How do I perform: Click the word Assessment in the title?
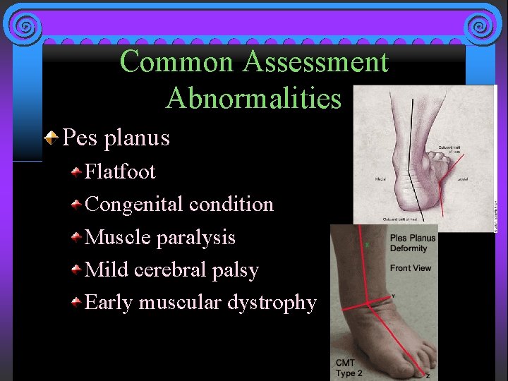pos(315,62)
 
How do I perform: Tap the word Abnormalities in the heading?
pos(253,98)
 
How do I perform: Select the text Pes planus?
pos(116,137)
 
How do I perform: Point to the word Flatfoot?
pos(120,171)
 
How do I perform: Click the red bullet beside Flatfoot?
pos(75,171)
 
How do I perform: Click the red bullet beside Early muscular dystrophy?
pos(75,303)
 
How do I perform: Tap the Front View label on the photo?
pos(410,268)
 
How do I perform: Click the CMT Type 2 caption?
pos(351,368)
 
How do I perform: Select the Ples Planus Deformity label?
pos(413,243)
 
